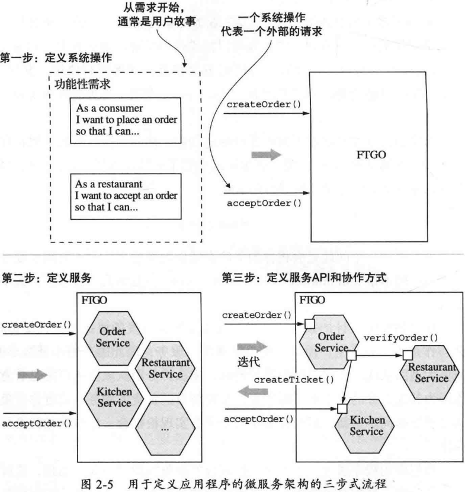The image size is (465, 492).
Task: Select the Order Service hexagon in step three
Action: pos(323,342)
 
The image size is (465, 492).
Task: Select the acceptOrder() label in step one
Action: pos(264,203)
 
